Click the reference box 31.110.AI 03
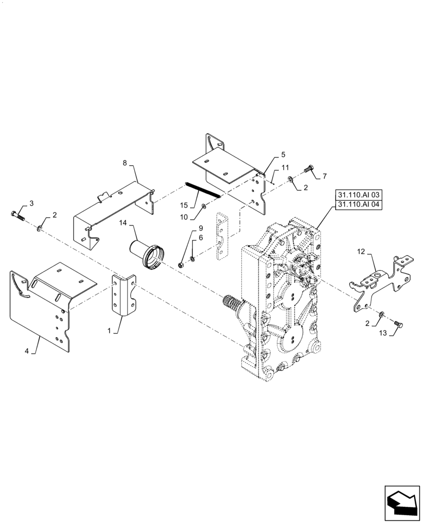[358, 195]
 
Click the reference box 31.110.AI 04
[358, 204]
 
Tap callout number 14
[123, 222]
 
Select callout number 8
[125, 163]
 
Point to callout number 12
[361, 251]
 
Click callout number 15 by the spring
[184, 205]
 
